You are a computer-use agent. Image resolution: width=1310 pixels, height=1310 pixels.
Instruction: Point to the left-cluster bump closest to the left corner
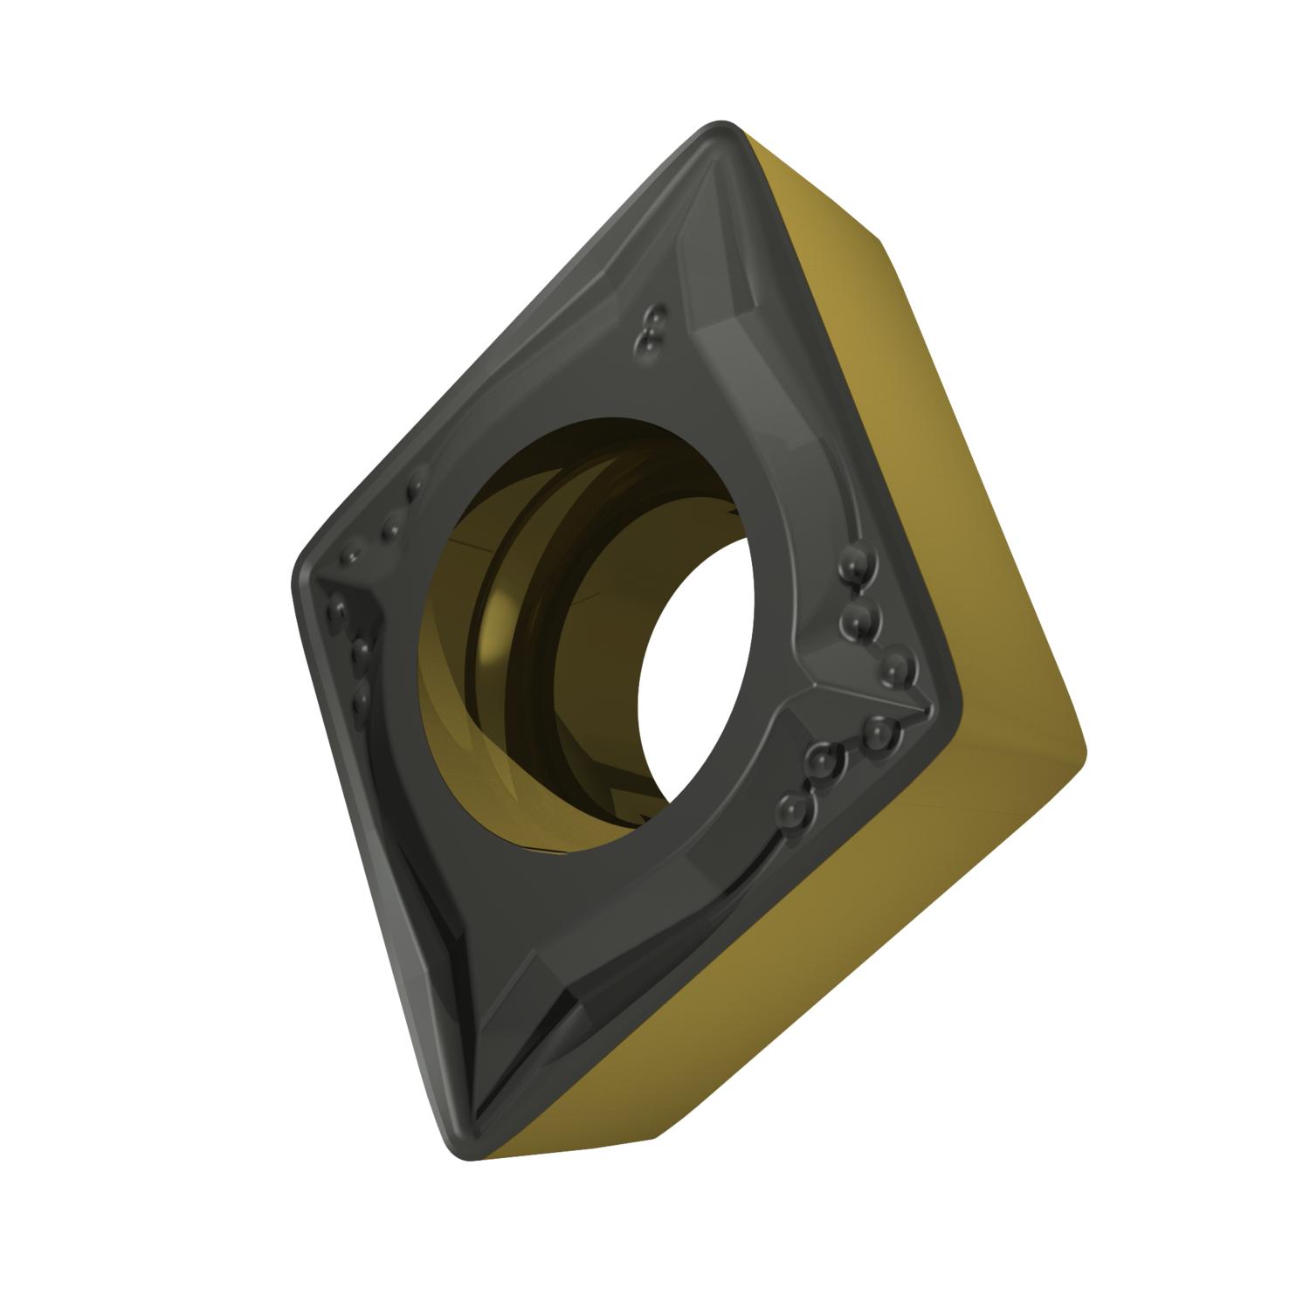point(337,607)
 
